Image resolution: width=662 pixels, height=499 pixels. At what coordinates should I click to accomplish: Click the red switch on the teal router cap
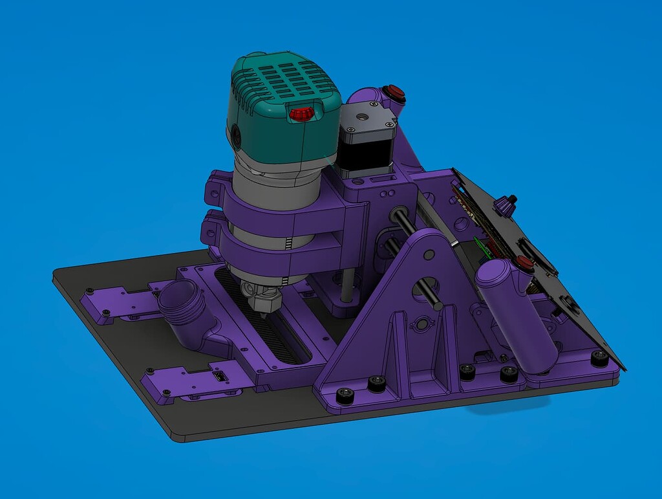[x=301, y=114]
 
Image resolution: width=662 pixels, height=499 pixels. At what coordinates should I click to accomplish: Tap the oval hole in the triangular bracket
[x=422, y=322]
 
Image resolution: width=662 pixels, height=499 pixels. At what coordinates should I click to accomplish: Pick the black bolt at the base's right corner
[x=600, y=357]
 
